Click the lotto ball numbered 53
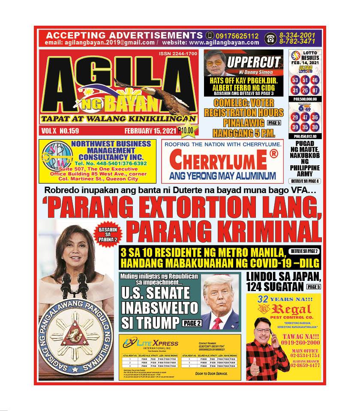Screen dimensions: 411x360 (x=295, y=80)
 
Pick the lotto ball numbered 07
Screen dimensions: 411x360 (x=315, y=90)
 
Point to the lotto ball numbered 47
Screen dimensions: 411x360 (x=305, y=118)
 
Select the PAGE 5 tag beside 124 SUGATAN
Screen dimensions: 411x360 (x=313, y=286)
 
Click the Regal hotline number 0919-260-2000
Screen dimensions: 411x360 (x=300, y=342)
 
